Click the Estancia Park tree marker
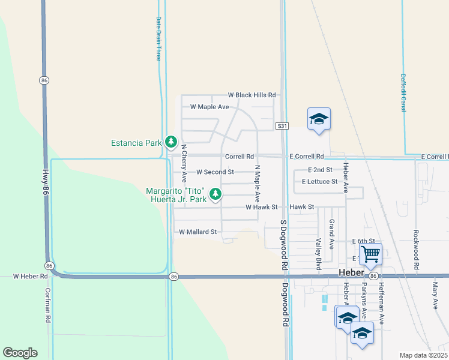[x=171, y=142]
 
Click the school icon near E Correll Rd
[x=319, y=119]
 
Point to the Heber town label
[x=352, y=272]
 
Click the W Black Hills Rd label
[x=252, y=95]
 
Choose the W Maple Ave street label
[x=209, y=107]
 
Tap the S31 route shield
[x=283, y=126]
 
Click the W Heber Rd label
[x=30, y=277]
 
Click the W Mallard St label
[x=197, y=232]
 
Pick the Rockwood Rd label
[x=416, y=248]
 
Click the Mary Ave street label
[x=435, y=296]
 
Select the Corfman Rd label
[x=49, y=305]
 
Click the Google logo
[x=20, y=353]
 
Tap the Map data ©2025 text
[x=423, y=355]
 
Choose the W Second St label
[x=215, y=172]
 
